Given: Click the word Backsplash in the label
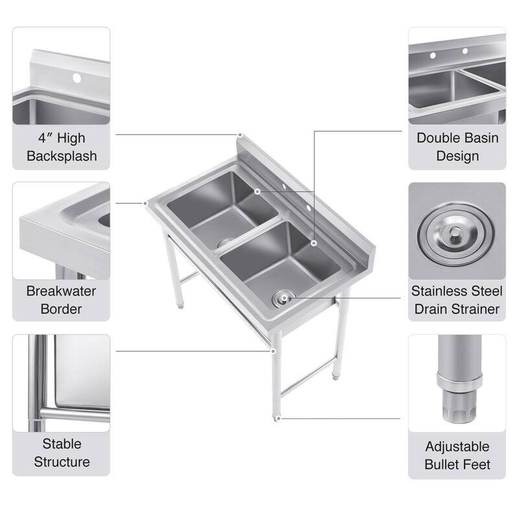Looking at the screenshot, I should point(62,156).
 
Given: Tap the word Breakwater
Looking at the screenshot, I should point(61,291).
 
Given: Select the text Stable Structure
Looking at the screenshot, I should point(62,453).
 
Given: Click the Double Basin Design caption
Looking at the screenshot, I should point(457,147).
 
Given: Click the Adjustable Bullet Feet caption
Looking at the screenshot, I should point(457,455).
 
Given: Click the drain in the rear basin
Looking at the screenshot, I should point(224,242).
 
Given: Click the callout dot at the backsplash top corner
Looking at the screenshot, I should point(239,135).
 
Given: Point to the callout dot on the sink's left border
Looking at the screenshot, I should point(146,203).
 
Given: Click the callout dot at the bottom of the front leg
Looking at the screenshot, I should point(278,418).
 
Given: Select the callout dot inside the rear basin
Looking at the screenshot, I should point(258,192).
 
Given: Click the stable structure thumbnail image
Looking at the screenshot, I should point(62,383).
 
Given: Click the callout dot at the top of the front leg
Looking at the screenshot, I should point(274,351).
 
